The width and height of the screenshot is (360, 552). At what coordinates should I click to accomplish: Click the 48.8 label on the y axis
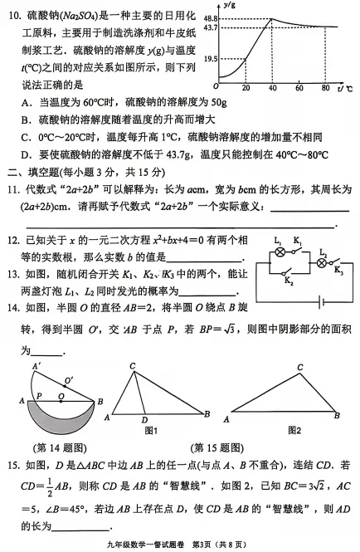pyautogui.click(x=209, y=18)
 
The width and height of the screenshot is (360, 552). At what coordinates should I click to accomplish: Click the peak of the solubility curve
pyautogui.click(x=273, y=18)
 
